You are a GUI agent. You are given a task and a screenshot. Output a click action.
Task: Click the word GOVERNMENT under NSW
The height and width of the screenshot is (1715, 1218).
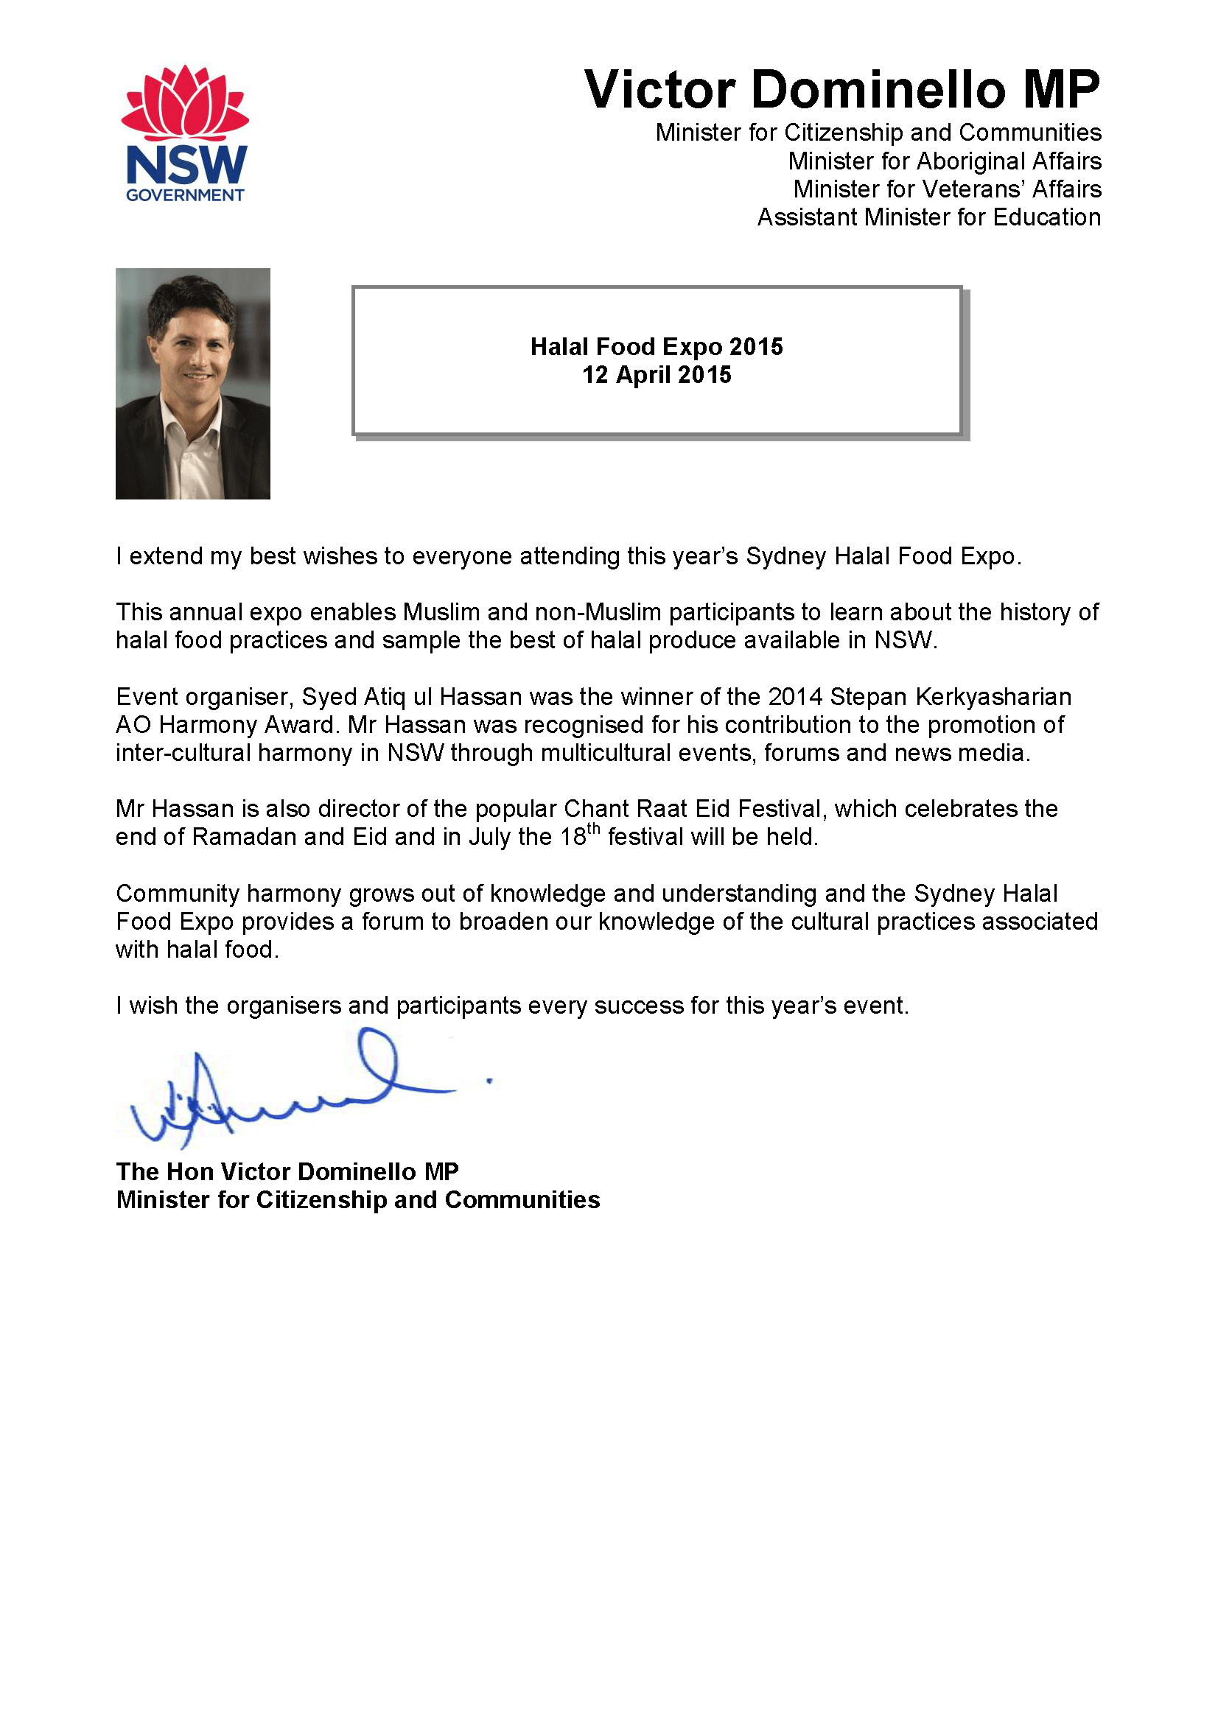point(184,195)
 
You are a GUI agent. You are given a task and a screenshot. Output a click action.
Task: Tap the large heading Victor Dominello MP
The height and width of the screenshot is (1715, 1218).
point(841,89)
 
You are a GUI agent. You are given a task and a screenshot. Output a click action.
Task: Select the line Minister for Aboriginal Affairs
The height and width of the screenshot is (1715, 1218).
point(944,161)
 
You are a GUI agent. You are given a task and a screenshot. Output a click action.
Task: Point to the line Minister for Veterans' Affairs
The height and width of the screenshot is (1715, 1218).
point(948,189)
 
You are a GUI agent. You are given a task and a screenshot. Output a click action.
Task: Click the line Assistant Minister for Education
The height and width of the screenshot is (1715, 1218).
point(928,217)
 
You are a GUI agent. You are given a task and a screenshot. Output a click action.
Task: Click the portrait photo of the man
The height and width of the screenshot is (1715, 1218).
point(193,383)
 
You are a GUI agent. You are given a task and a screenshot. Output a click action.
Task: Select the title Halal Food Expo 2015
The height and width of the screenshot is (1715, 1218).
point(657,346)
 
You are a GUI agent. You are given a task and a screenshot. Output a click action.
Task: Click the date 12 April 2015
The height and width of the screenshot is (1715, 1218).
point(657,375)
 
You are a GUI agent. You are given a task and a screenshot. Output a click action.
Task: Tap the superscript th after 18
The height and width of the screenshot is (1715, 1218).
point(593,829)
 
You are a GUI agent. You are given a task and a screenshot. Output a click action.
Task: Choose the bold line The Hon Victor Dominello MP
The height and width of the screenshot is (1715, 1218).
point(287,1172)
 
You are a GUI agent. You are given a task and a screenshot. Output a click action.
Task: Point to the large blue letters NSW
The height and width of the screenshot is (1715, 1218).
point(186,165)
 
